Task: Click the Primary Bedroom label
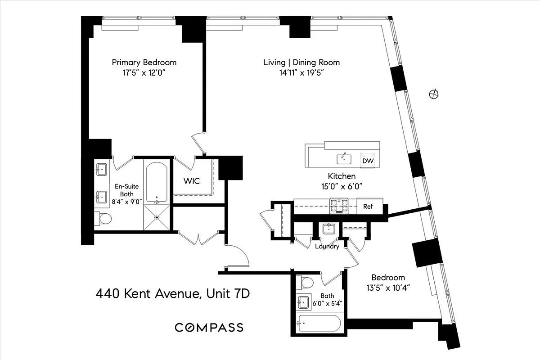point(144,63)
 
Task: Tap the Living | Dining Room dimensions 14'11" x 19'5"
point(301,73)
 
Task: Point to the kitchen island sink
point(344,158)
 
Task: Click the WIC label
point(191,181)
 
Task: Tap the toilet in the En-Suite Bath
point(105,219)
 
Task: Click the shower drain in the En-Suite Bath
point(157,218)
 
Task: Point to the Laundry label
point(327,247)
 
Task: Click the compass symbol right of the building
point(434,94)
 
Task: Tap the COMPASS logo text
point(209,327)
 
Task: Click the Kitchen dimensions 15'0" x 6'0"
point(342,185)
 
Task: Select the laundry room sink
point(328,229)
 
